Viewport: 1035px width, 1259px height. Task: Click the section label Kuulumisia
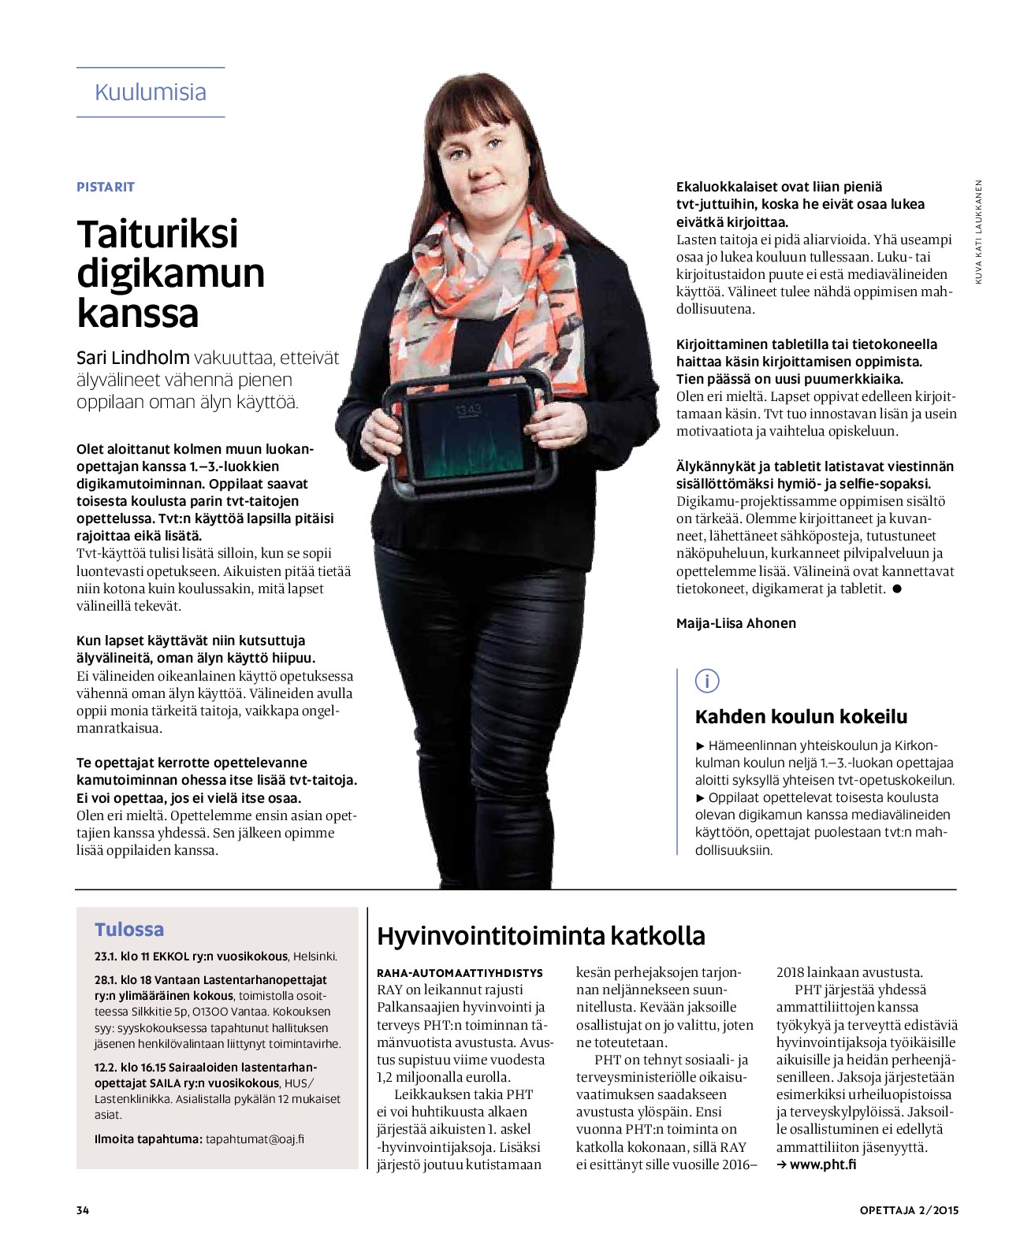[x=150, y=92]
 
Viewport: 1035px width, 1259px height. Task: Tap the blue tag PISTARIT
[x=106, y=187]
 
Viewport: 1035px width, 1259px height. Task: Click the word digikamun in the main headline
[x=170, y=273]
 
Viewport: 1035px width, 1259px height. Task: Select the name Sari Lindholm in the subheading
[x=132, y=358]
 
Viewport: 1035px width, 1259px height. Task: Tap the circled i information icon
[x=707, y=681]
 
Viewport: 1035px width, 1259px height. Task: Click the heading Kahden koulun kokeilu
[x=801, y=717]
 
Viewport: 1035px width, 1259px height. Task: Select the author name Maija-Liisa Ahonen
[x=735, y=623]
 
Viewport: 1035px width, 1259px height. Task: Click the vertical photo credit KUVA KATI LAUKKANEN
[x=978, y=232]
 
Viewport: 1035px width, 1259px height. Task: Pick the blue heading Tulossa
[x=129, y=930]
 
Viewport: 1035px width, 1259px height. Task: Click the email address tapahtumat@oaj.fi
[x=255, y=1139]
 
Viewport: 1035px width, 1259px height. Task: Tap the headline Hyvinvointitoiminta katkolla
[x=541, y=936]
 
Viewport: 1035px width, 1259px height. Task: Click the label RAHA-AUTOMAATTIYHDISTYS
[x=460, y=973]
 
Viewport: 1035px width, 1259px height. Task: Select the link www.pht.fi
[x=822, y=1164]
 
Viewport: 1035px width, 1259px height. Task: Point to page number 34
[x=83, y=1210]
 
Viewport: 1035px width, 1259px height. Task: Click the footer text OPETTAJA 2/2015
[x=909, y=1210]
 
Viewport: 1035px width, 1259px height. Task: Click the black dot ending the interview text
[x=896, y=589]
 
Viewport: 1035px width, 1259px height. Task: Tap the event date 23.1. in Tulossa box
[x=105, y=956]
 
